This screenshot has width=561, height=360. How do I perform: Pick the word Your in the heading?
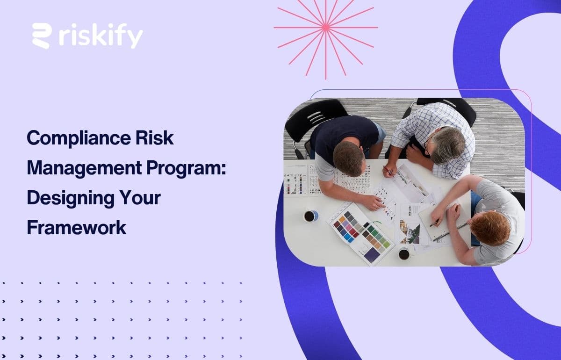pos(141,198)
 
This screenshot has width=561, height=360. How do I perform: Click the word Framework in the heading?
pos(76,228)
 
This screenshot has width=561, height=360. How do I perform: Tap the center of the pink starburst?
pos(326,28)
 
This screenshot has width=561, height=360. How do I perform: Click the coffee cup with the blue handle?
pos(310,216)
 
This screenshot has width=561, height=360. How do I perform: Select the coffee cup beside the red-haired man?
pos(404,254)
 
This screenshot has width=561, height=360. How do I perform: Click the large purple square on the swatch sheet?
pos(372,254)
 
